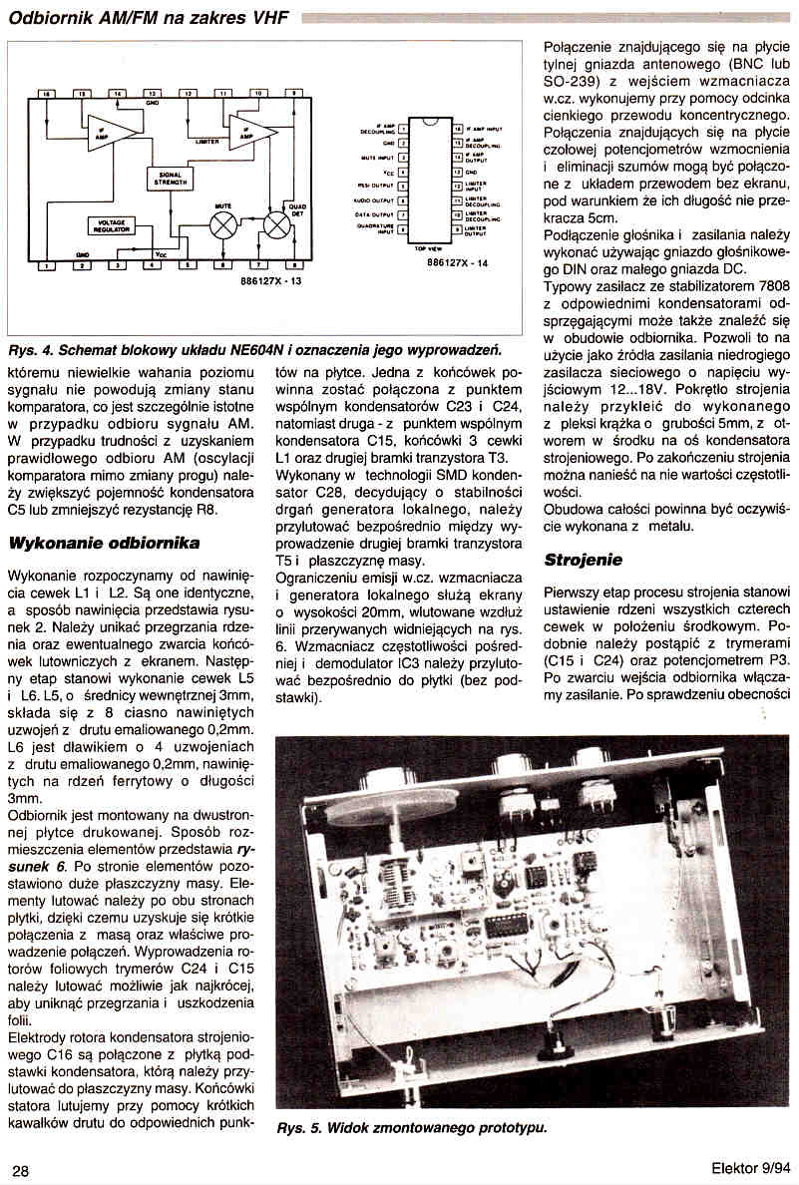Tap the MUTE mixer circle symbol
pyautogui.click(x=222, y=223)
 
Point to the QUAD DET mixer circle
pyautogui.click(x=278, y=223)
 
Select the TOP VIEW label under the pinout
pyautogui.click(x=427, y=249)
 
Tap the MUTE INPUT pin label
pyautogui.click(x=374, y=157)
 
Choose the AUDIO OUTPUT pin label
pyautogui.click(x=372, y=199)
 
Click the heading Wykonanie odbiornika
pyautogui.click(x=104, y=544)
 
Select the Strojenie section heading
pyautogui.click(x=584, y=560)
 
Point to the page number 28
pyautogui.click(x=21, y=1169)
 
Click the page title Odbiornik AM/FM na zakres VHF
pyautogui.click(x=149, y=17)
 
